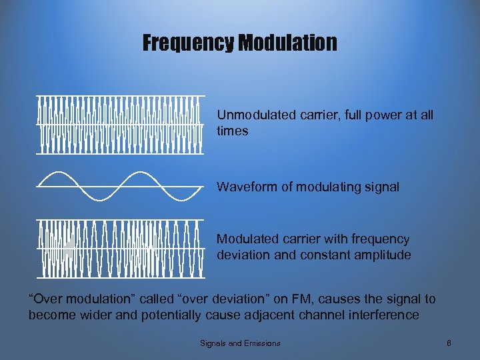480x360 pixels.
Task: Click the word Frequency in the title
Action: click(x=189, y=44)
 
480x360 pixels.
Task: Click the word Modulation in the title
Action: click(x=287, y=44)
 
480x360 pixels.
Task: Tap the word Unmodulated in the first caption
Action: click(x=255, y=115)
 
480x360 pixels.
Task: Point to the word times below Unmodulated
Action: click(x=232, y=131)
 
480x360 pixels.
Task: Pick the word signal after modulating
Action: click(x=379, y=187)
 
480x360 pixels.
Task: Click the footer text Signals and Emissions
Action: click(x=240, y=343)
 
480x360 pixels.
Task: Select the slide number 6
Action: click(x=449, y=343)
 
